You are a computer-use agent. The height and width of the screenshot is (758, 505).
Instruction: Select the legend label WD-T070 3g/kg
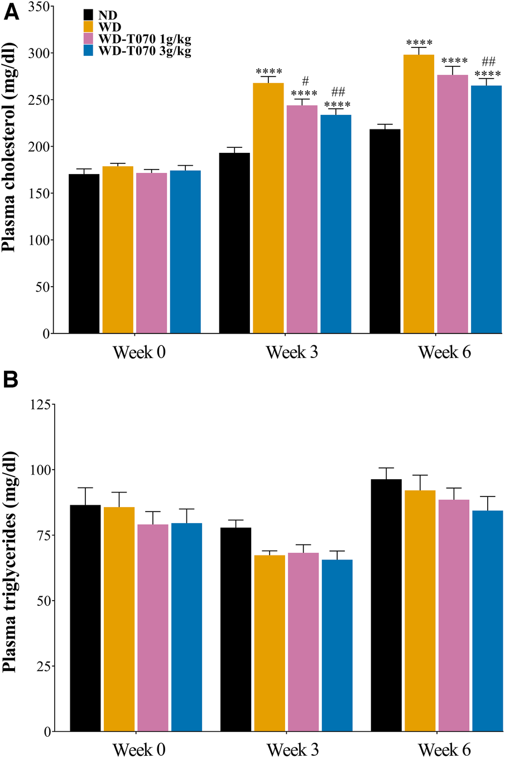pos(145,51)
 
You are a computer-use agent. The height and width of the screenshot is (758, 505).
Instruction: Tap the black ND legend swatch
pos(88,15)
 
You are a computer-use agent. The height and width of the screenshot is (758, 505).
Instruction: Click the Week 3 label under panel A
pos(292,353)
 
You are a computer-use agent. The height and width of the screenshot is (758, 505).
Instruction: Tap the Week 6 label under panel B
pos(444,749)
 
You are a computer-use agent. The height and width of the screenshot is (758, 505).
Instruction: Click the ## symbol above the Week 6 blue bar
pos(488,62)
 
